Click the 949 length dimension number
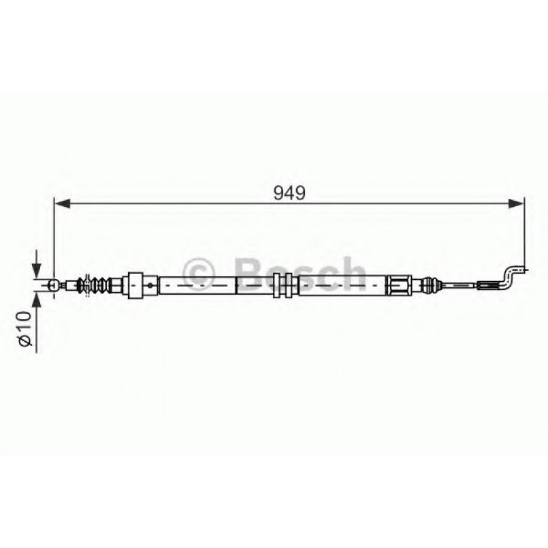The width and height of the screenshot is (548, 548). tap(289, 193)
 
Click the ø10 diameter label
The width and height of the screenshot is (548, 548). tap(25, 330)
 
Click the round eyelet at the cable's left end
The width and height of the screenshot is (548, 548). tap(52, 285)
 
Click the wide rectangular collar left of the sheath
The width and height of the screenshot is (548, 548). tap(135, 284)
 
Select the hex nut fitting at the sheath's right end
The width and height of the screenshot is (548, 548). tap(399, 284)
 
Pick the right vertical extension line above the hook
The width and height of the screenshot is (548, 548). tap(524, 231)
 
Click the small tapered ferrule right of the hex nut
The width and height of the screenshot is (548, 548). tap(429, 284)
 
